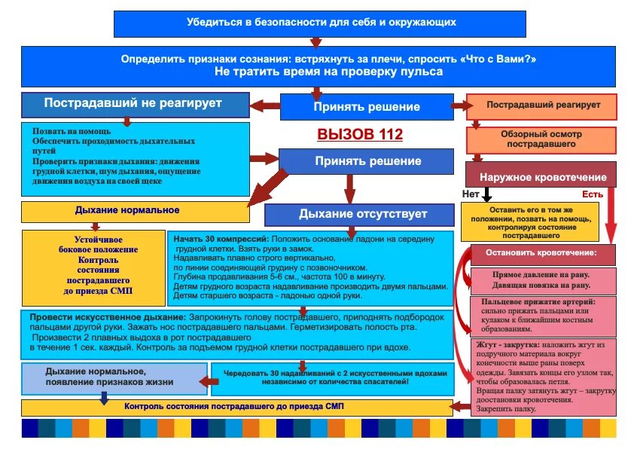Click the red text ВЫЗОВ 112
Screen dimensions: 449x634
[x=359, y=135]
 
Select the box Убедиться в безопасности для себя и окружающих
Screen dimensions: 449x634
[x=321, y=23]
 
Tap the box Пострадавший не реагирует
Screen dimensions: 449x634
[x=135, y=104]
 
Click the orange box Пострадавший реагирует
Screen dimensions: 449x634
[x=542, y=105]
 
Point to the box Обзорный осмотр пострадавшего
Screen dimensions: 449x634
[x=541, y=139]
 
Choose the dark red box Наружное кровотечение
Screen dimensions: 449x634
[x=541, y=176]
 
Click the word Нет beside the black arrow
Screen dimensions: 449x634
[x=471, y=194]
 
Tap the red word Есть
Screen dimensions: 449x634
[x=593, y=194]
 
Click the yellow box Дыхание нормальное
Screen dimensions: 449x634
[x=135, y=211]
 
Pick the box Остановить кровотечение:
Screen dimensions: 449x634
[x=542, y=252]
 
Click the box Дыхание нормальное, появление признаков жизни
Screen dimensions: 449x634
[x=109, y=377]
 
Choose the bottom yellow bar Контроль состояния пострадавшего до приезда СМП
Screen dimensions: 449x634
[x=235, y=407]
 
